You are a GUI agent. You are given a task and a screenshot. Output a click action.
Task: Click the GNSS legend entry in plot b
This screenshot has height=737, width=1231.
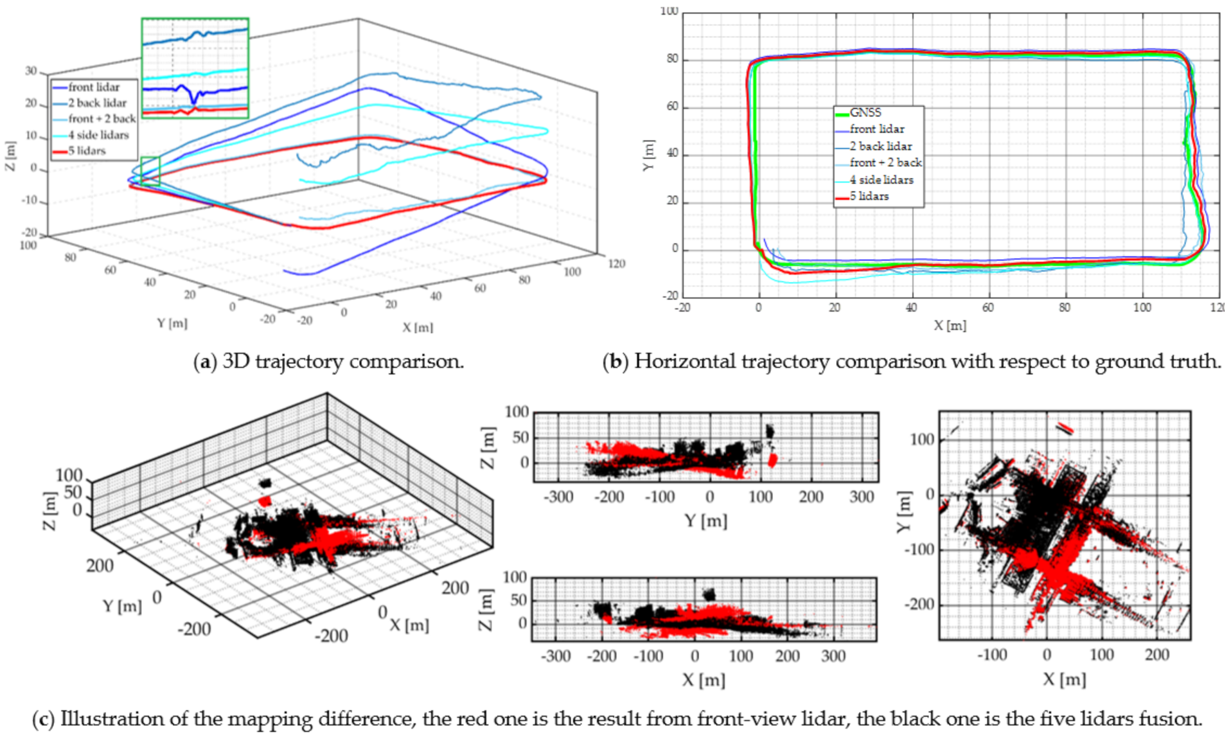(x=865, y=113)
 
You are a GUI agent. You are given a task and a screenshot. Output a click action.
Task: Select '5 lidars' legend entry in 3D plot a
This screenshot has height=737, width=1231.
(x=87, y=151)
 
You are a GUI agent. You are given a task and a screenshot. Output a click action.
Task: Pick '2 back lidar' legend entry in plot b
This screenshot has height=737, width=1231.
(x=880, y=146)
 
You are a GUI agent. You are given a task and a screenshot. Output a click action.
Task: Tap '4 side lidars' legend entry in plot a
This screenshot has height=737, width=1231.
(x=98, y=135)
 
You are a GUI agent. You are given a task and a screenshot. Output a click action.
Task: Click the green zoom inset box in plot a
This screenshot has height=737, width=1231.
(x=195, y=68)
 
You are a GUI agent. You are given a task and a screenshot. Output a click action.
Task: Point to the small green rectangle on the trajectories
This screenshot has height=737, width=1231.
(x=150, y=171)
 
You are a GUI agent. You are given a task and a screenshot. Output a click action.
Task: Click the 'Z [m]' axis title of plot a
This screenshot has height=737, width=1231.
(x=10, y=156)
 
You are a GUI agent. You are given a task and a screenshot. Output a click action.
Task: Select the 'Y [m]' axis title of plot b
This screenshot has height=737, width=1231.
(x=649, y=155)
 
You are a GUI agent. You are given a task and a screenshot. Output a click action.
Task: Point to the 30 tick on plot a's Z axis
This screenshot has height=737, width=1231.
(x=31, y=71)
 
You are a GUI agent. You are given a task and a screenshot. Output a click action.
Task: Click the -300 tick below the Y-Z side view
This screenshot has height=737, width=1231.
(x=559, y=497)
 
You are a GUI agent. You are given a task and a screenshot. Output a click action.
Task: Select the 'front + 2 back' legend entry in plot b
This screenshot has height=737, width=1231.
(x=885, y=163)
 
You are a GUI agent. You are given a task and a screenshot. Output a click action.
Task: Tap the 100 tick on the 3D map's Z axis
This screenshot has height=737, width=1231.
(x=69, y=476)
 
